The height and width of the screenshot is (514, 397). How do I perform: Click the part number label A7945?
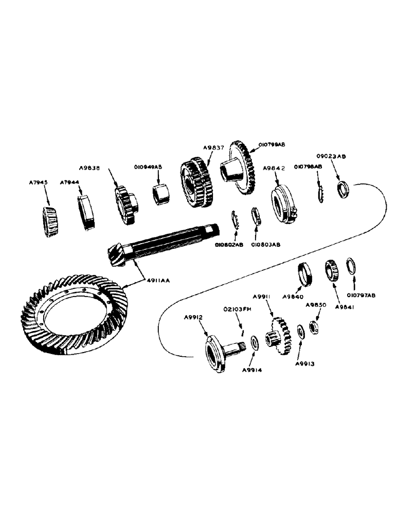(x=39, y=182)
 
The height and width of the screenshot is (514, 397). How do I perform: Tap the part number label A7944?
(x=68, y=182)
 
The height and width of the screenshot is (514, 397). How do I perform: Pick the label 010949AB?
(x=149, y=167)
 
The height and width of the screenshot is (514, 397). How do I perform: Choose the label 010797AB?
(x=361, y=296)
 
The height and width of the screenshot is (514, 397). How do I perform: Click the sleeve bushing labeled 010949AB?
(x=161, y=194)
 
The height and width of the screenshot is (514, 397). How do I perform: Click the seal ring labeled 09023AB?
(x=343, y=189)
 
